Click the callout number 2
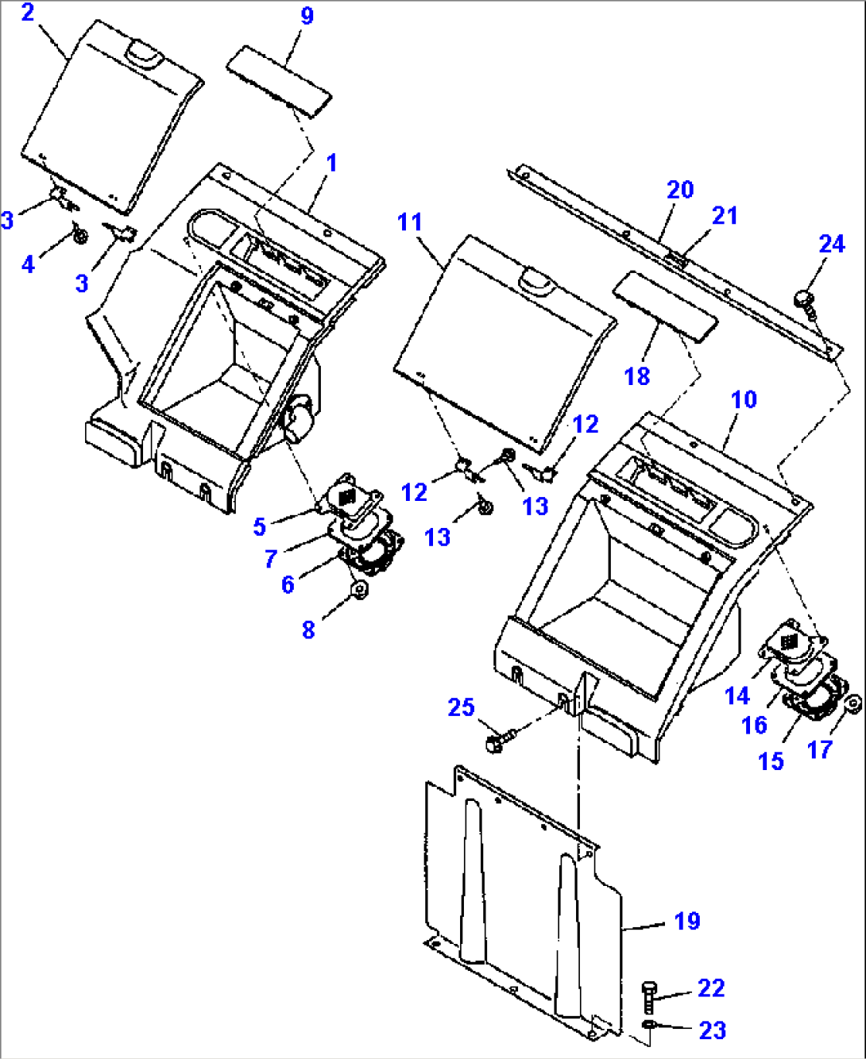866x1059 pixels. (28, 13)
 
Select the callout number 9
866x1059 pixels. (307, 16)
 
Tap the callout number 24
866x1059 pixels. (832, 245)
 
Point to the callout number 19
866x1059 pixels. (687, 922)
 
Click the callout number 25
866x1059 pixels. (461, 707)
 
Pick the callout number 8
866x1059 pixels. (308, 630)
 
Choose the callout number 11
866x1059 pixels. (410, 222)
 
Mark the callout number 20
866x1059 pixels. (681, 190)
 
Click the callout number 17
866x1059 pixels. (820, 750)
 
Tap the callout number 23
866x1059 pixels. (713, 1031)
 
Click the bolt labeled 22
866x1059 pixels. (649, 998)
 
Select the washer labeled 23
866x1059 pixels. (649, 1024)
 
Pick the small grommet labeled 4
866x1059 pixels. (80, 234)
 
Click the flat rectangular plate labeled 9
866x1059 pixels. (279, 82)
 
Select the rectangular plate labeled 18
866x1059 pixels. (665, 306)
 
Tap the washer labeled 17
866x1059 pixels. (853, 705)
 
